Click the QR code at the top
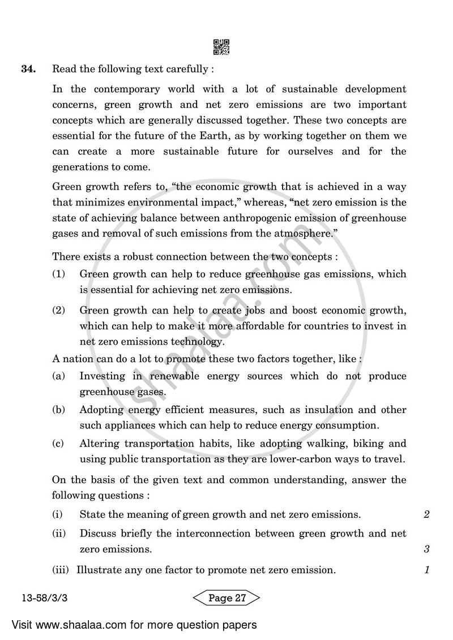point(221,47)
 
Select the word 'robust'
point(134,256)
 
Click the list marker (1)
point(59,274)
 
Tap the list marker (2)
point(59,310)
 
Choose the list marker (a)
point(58,376)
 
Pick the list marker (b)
point(58,410)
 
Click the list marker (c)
point(58,444)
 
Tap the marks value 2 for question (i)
point(426,514)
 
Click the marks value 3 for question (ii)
point(426,549)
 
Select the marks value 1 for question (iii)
point(426,570)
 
